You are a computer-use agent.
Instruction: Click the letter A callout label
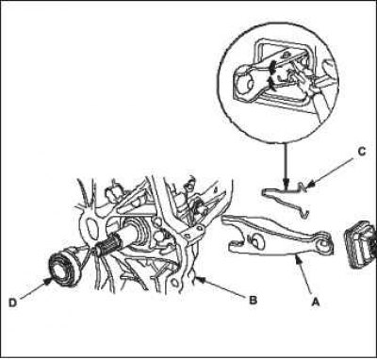(315, 303)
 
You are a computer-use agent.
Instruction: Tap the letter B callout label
(254, 300)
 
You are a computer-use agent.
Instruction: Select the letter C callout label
(362, 152)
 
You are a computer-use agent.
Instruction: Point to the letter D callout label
(12, 303)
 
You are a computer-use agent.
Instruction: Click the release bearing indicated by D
(65, 264)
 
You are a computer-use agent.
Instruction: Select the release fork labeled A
(277, 236)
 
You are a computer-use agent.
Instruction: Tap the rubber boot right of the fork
(361, 244)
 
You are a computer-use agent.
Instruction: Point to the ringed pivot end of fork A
(323, 243)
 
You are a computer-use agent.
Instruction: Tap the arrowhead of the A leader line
(297, 258)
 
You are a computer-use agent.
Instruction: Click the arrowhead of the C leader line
(310, 187)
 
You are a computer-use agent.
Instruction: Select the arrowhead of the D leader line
(48, 280)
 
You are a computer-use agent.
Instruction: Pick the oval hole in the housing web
(92, 227)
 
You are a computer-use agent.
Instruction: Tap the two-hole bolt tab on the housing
(193, 234)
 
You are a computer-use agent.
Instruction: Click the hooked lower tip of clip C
(304, 215)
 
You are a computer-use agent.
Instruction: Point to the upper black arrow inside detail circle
(272, 66)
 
